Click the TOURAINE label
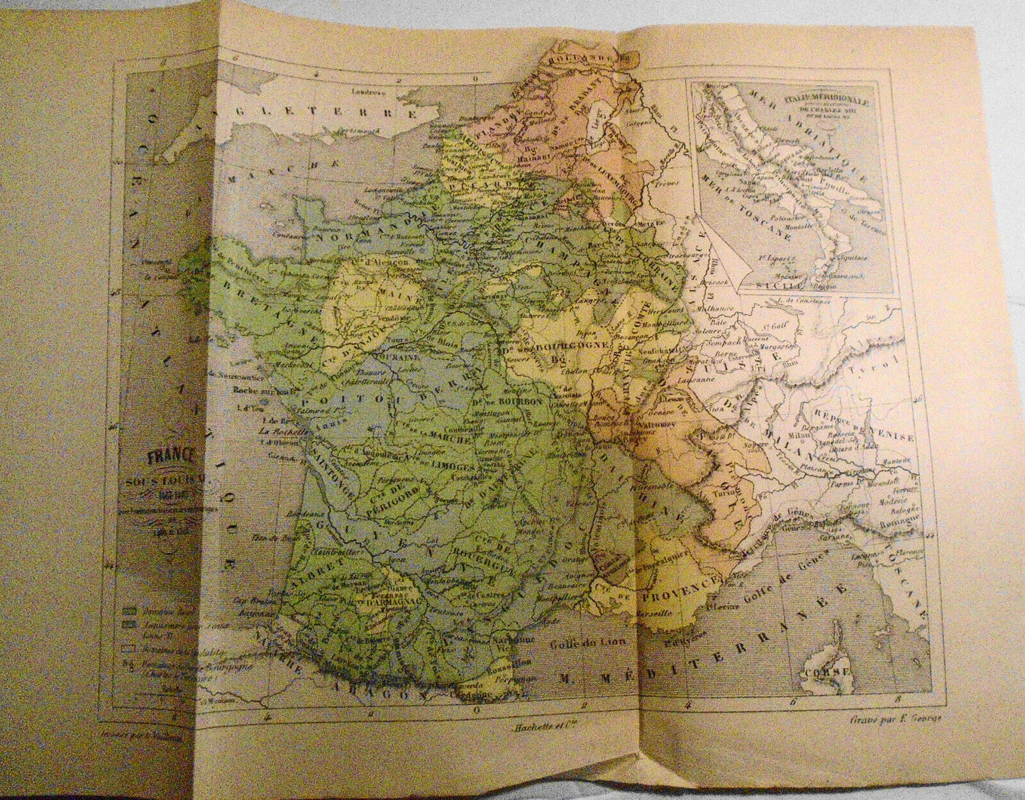click(423, 360)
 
